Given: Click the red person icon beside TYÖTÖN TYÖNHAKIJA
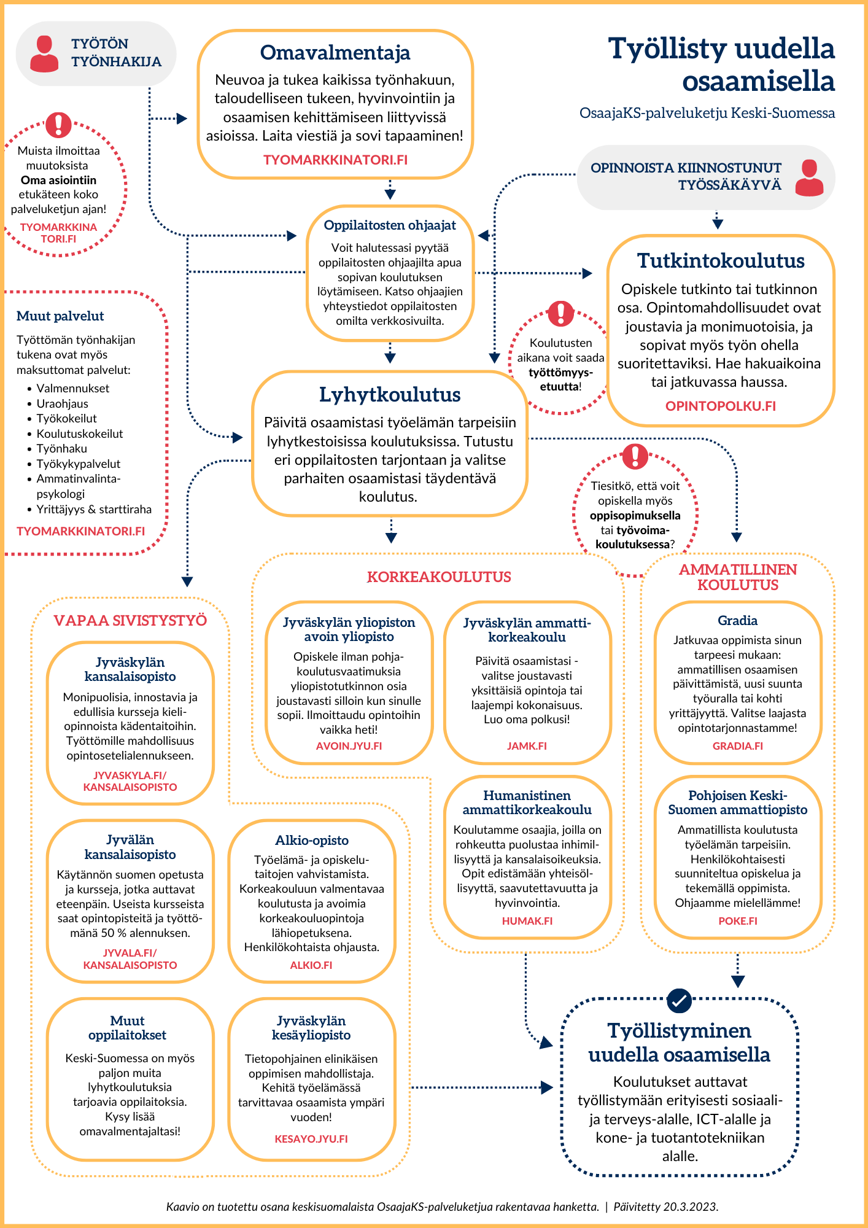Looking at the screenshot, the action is tap(44, 54).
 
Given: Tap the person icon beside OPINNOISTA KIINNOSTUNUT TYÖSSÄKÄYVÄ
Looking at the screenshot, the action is tap(809, 177).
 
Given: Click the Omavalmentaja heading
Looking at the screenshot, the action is tap(335, 53).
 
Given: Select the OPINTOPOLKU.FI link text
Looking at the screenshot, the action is tap(721, 406).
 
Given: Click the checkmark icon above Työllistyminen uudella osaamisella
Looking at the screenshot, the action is tap(679, 1001).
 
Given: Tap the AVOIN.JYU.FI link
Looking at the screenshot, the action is tap(349, 746).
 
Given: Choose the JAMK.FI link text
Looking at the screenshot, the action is tap(527, 746).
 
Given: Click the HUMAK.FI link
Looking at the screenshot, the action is tap(527, 921).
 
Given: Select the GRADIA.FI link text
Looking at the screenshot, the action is tap(738, 746).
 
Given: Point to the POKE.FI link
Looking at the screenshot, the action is tap(738, 921).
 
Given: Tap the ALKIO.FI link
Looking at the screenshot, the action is tap(311, 965).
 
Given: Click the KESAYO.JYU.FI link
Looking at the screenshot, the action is tap(311, 1139).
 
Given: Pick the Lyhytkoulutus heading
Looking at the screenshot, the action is tap(390, 395).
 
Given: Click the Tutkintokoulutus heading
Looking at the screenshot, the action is tap(721, 261).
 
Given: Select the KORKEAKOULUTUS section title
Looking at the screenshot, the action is tap(439, 577).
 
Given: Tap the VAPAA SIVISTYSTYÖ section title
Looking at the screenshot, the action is tap(130, 621).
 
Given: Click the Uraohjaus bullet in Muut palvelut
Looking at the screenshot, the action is tap(62, 403).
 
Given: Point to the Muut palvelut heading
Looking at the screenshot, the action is tap(60, 316).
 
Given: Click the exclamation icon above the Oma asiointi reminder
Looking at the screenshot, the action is tap(59, 125).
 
